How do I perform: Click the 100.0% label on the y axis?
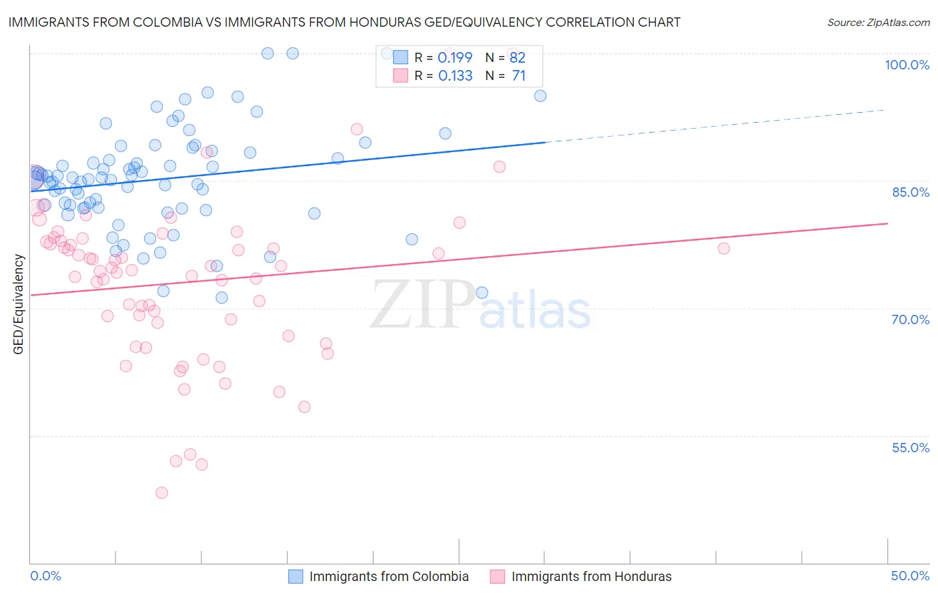(907, 65)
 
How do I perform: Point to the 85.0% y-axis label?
(911, 192)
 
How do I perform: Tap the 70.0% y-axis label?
(911, 320)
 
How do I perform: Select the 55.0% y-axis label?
(911, 448)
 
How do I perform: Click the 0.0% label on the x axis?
(46, 576)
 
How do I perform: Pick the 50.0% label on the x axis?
(910, 576)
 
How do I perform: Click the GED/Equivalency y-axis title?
(19, 304)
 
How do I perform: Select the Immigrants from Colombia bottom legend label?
(389, 576)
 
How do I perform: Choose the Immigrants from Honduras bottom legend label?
(591, 576)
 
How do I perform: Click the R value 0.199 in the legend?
(455, 57)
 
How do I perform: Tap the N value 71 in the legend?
(518, 76)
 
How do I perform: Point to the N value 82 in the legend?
(518, 57)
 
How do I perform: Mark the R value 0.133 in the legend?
(455, 76)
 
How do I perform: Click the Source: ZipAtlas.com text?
(878, 23)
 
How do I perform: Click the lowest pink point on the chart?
(161, 493)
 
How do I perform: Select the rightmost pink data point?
(724, 249)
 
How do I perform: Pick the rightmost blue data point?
(540, 96)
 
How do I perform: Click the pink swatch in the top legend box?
(400, 76)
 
